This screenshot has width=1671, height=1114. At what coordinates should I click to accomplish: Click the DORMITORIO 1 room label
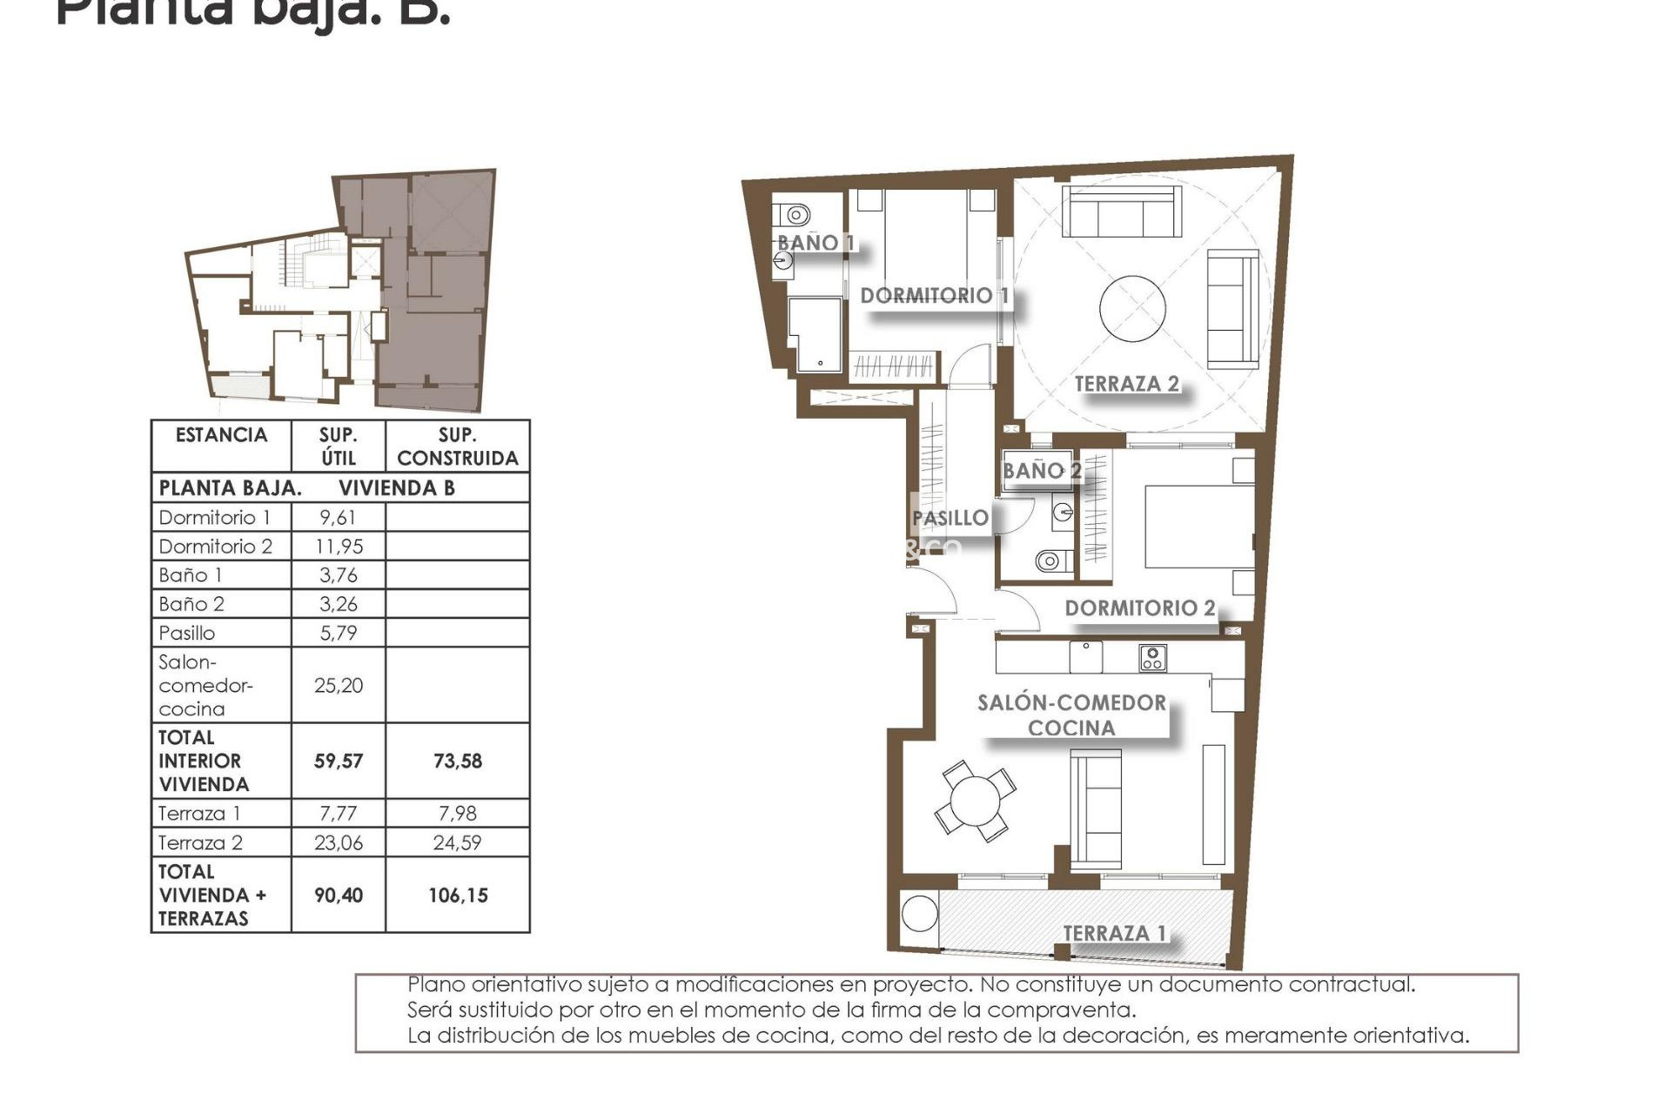click(934, 295)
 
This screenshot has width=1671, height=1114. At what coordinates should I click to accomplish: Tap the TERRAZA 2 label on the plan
click(1126, 384)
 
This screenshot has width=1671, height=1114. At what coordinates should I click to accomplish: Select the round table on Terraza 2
click(1133, 309)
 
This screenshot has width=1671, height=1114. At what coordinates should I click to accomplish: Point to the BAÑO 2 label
click(1041, 471)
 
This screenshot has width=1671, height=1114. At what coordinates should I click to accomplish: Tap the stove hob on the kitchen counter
click(1152, 658)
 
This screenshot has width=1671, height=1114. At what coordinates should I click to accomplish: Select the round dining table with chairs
click(976, 801)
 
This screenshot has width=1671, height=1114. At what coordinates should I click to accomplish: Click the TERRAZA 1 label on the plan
click(1114, 933)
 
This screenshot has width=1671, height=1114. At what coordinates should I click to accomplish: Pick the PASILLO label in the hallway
click(950, 518)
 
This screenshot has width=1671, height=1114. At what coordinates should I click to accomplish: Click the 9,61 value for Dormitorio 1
click(338, 518)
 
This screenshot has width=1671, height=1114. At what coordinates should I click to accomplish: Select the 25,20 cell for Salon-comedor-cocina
click(339, 686)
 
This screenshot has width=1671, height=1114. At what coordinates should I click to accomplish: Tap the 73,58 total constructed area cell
click(457, 762)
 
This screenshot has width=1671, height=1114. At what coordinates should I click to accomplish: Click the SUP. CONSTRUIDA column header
click(457, 446)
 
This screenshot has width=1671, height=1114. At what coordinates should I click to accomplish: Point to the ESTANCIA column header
click(221, 435)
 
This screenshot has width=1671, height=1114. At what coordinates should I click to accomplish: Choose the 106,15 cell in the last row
click(457, 896)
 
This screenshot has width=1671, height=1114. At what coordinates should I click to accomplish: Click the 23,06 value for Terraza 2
click(339, 842)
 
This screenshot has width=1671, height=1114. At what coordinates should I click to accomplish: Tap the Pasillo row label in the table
click(187, 633)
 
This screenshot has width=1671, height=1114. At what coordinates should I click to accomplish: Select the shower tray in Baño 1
click(815, 334)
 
